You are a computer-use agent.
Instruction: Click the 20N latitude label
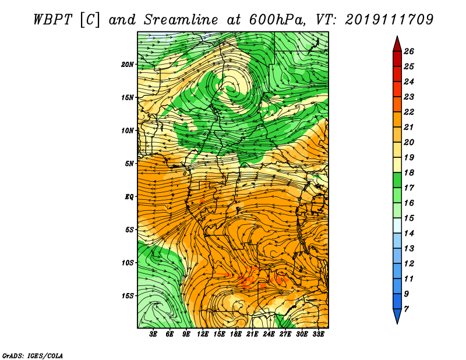[128, 65]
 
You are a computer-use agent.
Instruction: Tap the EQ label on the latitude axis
[129, 197]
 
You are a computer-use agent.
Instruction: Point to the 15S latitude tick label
[128, 296]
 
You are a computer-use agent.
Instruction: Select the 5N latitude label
[129, 164]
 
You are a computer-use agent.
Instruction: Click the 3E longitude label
[153, 334]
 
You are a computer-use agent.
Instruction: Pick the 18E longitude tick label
[235, 334]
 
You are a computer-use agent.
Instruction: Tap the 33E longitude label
[318, 334]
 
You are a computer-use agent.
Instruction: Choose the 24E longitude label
[269, 334]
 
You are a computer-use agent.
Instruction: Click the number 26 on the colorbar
[409, 51]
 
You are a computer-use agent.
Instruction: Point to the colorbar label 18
[409, 172]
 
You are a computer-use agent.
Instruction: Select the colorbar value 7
[406, 309]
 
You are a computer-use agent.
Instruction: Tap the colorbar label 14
[409, 234]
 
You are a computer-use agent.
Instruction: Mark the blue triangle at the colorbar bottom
[397, 315]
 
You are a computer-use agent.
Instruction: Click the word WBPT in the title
[52, 20]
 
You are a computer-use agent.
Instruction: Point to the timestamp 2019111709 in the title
[389, 20]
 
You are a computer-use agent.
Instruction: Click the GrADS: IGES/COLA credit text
[33, 355]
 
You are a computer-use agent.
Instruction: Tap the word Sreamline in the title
[181, 20]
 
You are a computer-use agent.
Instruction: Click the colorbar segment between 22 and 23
[397, 104]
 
